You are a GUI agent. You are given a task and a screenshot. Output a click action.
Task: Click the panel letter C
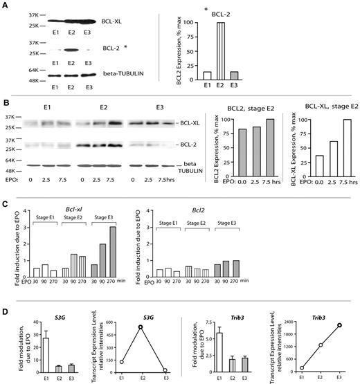(x=5, y=205)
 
